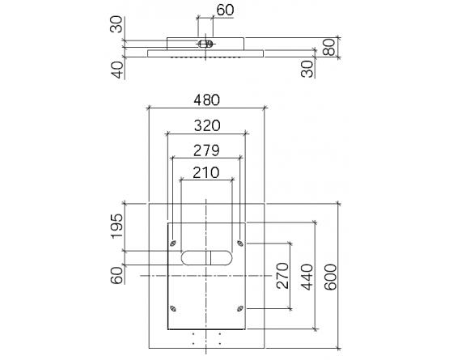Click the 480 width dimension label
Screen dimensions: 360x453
click(x=208, y=100)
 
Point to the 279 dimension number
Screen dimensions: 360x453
click(x=208, y=150)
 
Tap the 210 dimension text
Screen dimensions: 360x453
click(x=208, y=172)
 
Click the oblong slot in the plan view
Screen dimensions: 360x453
click(x=208, y=257)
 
